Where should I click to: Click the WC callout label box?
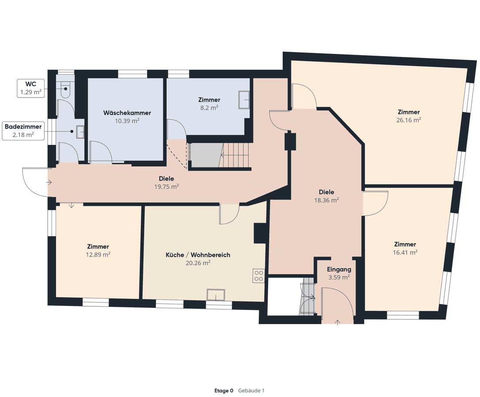(x=30, y=88)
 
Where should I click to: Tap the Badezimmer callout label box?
(x=23, y=131)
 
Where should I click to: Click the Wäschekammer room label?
(x=127, y=113)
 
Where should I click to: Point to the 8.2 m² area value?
(x=209, y=108)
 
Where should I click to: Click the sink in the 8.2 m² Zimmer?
(x=244, y=100)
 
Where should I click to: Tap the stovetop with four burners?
(x=258, y=276)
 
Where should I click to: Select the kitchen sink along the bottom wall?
(x=216, y=295)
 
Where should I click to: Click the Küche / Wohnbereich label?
(x=198, y=255)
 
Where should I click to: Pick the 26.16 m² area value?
(x=408, y=120)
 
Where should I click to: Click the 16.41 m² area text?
(x=405, y=252)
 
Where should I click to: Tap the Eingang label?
(x=339, y=269)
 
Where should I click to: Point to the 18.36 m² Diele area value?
(x=326, y=200)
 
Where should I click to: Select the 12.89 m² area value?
(x=98, y=254)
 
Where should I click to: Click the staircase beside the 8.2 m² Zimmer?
(x=235, y=155)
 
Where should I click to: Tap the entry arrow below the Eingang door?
(x=338, y=322)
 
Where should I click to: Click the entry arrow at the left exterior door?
(x=49, y=182)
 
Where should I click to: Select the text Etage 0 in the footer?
(x=223, y=390)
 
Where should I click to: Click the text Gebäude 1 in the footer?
(x=251, y=390)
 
